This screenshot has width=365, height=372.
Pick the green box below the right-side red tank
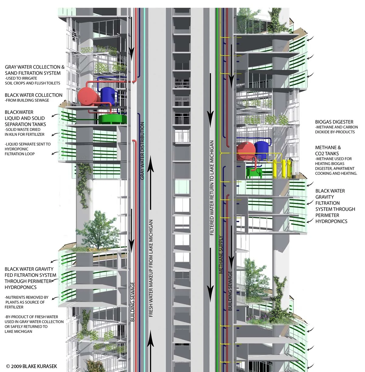[255, 173]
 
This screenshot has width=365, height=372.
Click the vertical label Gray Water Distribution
[142, 151]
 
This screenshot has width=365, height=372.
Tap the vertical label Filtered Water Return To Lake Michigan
[212, 188]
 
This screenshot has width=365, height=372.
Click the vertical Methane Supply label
[221, 255]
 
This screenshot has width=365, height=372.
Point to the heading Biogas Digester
[334, 122]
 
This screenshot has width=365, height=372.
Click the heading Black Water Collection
[33, 95]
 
